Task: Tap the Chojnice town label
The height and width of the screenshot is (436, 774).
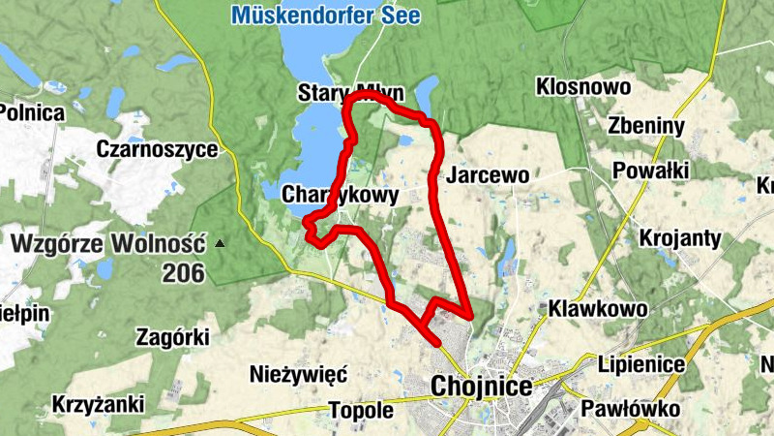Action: [x=481, y=387]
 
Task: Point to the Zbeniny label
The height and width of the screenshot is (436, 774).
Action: [x=646, y=126]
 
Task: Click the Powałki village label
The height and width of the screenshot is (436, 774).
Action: [x=650, y=171]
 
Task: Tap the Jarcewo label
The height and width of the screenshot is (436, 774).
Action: [x=489, y=175]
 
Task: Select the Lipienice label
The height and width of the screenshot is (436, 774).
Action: [x=641, y=365]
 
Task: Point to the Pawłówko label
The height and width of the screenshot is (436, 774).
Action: [x=631, y=408]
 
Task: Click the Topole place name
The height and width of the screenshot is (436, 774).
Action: [x=361, y=410]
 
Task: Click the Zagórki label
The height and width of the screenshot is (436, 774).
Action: [x=174, y=337]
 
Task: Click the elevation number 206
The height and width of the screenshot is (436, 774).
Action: [x=183, y=273]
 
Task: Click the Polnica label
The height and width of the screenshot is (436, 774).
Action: [x=31, y=112]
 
